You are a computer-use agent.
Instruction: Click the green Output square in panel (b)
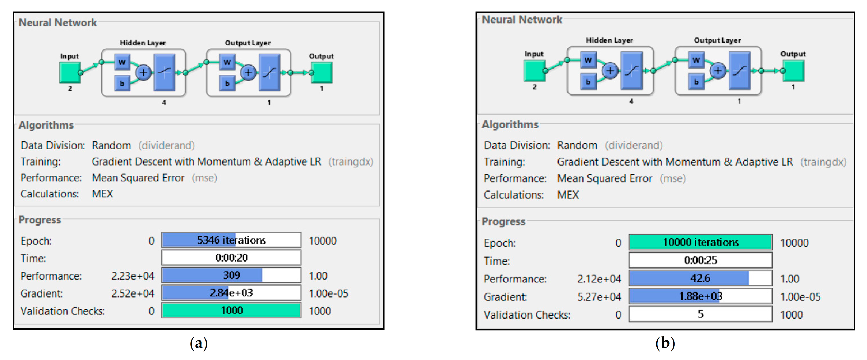point(794,71)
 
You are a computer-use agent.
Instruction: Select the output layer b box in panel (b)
point(696,82)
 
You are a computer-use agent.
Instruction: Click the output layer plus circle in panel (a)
point(248,72)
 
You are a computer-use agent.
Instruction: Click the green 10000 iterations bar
point(700,242)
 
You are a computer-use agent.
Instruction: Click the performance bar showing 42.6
point(700,278)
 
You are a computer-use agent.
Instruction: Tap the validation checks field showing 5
point(700,314)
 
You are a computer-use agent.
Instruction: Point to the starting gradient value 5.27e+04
point(599,297)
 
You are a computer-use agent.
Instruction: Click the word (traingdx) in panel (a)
point(351,162)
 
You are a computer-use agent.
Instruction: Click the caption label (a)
point(199,343)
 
